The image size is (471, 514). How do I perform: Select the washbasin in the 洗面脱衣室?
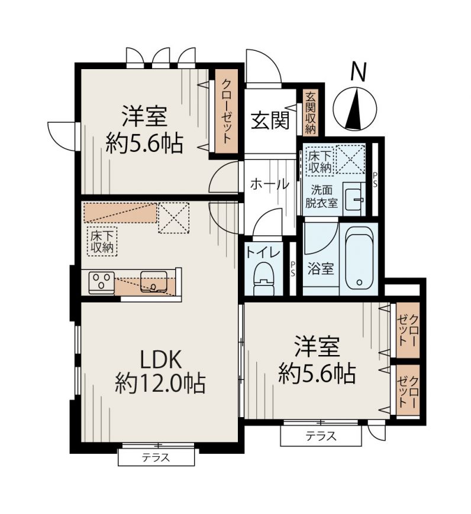[x=354, y=199]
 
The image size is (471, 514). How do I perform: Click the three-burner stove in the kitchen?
[x=101, y=282]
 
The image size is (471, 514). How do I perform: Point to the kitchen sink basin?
[x=153, y=281]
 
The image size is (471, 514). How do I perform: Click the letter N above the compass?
[x=358, y=72]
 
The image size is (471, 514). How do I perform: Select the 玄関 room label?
[x=270, y=121]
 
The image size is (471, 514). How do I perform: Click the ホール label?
[x=269, y=184]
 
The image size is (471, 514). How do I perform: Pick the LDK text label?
[x=161, y=360]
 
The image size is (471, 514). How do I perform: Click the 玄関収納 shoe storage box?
[x=310, y=113]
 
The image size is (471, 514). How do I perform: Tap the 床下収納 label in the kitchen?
[x=102, y=241]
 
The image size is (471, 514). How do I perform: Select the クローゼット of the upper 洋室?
[x=226, y=111]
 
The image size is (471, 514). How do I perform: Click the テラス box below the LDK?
[x=156, y=457]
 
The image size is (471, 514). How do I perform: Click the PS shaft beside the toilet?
[x=292, y=268]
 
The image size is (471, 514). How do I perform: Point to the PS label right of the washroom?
[x=375, y=180]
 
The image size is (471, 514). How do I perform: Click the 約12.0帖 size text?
[x=160, y=383]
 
